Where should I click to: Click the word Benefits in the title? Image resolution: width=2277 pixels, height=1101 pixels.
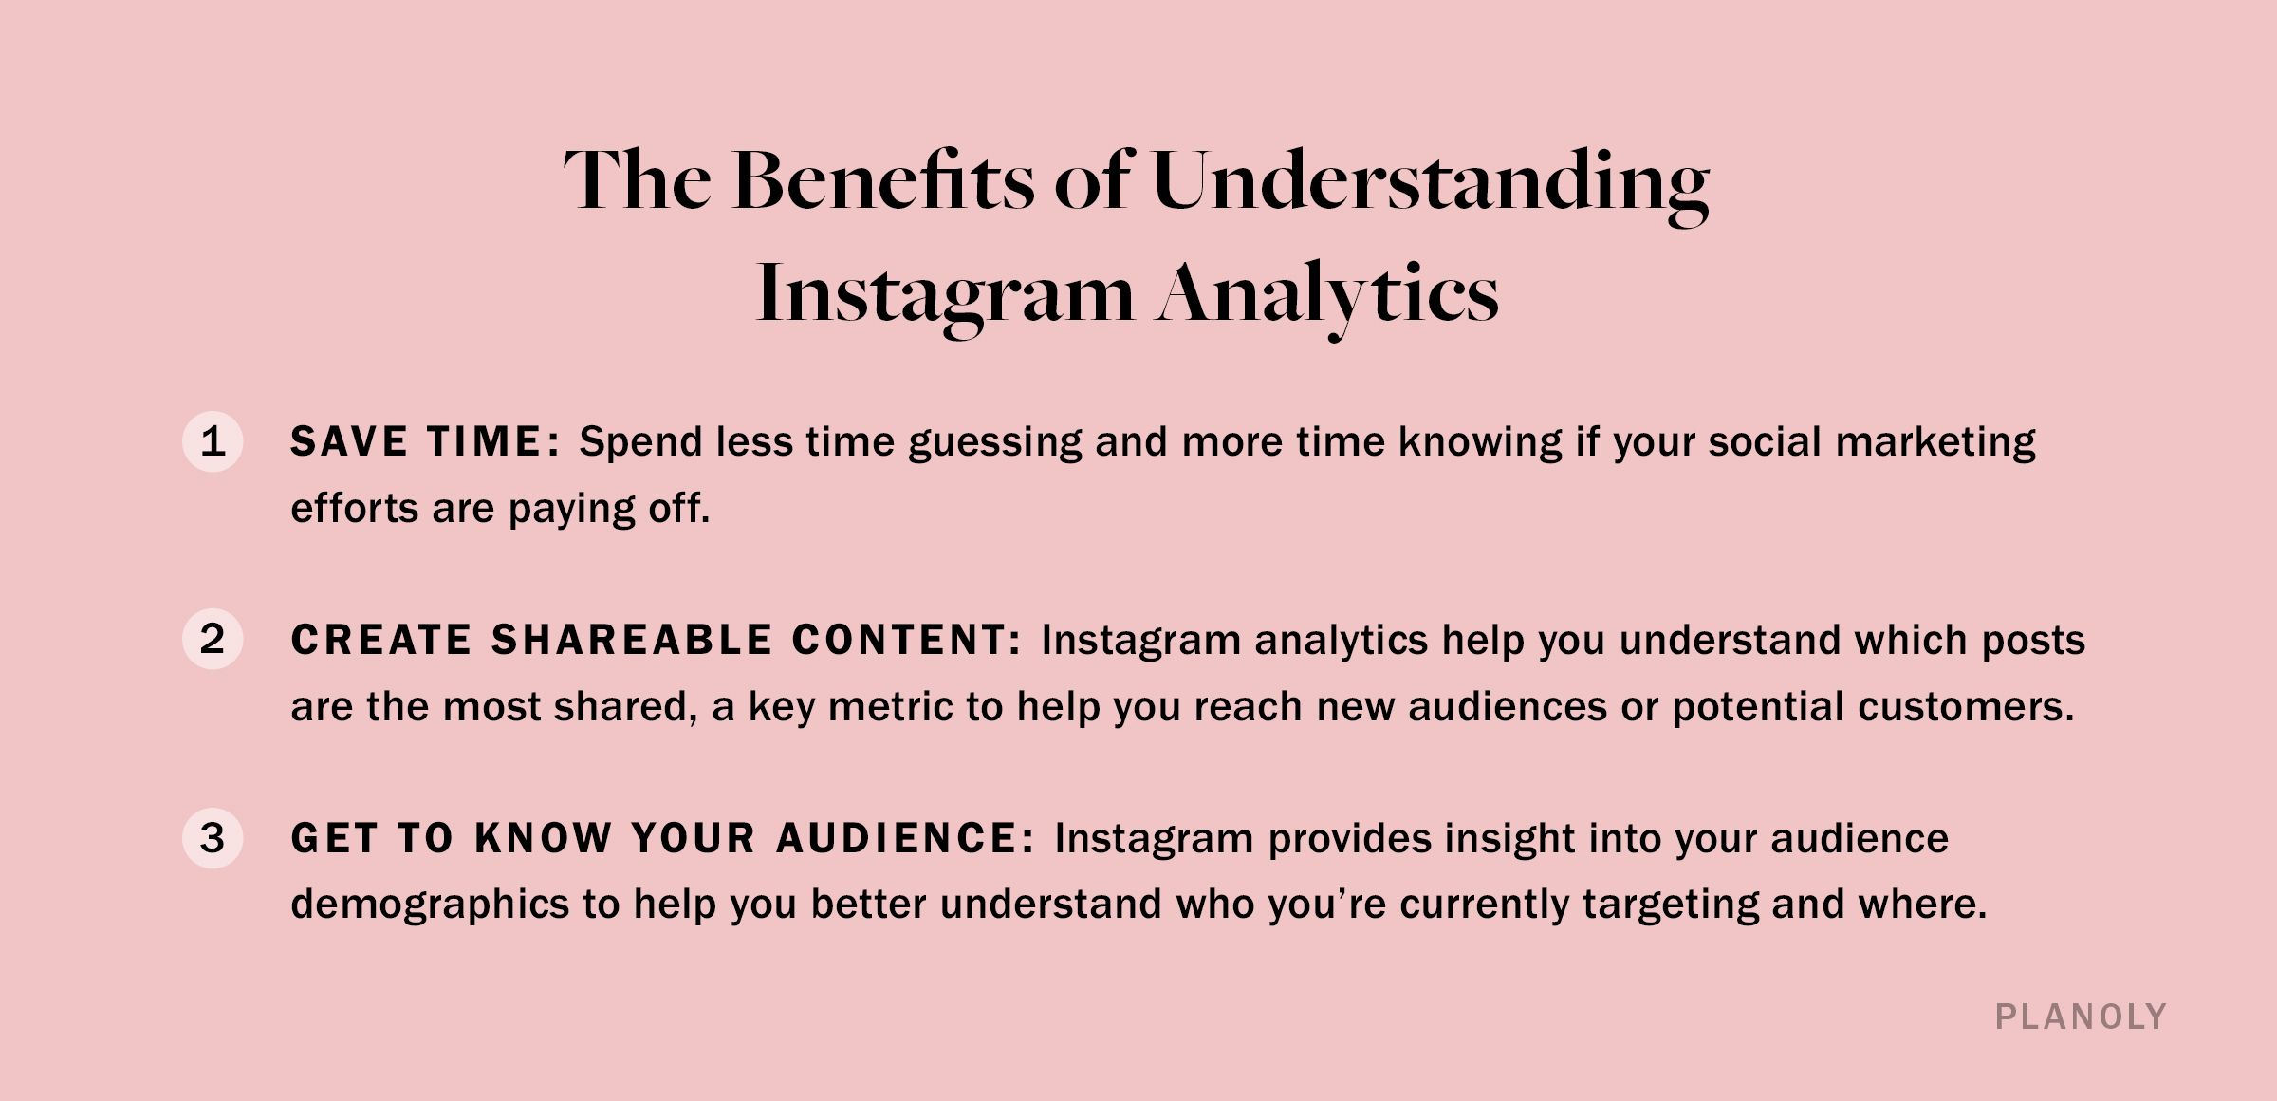(x=883, y=180)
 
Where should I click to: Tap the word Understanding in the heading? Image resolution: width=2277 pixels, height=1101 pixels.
(x=1430, y=182)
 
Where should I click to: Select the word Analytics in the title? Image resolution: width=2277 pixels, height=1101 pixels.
(x=1327, y=295)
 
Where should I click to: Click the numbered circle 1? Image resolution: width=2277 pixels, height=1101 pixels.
(x=213, y=441)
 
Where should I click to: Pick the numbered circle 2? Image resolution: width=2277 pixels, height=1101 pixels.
(x=213, y=639)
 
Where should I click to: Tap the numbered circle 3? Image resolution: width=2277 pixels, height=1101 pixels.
(x=213, y=838)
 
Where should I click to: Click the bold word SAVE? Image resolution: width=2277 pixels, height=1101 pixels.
(x=349, y=441)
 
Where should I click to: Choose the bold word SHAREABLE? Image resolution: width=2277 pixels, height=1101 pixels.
(x=632, y=640)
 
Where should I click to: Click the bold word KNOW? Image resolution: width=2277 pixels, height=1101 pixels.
(x=544, y=838)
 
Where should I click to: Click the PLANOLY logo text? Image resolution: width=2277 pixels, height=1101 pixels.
(x=2081, y=1017)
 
